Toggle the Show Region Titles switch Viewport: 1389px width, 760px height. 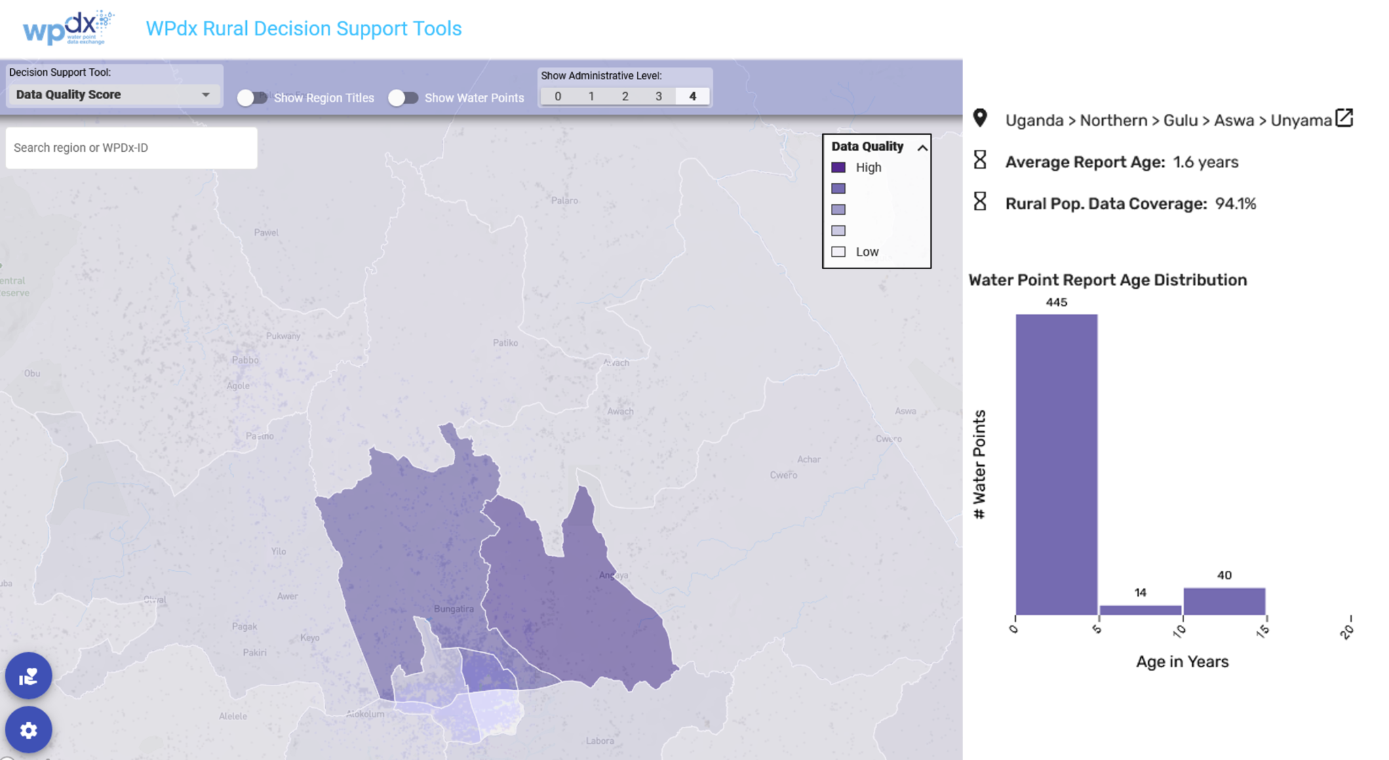(x=251, y=98)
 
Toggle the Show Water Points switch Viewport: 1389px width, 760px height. (x=403, y=98)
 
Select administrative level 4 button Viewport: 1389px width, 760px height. (x=692, y=96)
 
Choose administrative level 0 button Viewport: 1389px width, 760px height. (x=557, y=96)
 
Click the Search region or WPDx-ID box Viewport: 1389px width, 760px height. (x=131, y=148)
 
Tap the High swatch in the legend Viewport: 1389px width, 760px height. (x=838, y=167)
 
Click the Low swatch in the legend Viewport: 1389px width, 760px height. (x=838, y=252)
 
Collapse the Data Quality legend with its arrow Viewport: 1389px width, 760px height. (x=922, y=148)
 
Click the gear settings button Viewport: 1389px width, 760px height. (x=28, y=730)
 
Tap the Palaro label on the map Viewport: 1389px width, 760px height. (x=564, y=201)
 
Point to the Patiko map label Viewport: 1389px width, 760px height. (x=505, y=343)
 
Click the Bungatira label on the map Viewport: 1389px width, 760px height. (x=454, y=609)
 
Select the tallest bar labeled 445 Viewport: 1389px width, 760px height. (x=1056, y=464)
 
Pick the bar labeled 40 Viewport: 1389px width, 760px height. (x=1224, y=601)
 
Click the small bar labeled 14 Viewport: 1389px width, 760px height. (x=1140, y=610)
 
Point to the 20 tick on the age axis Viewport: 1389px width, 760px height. (x=1347, y=631)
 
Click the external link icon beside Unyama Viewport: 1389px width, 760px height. (x=1344, y=118)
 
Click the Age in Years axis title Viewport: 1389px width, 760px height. (x=1182, y=662)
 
